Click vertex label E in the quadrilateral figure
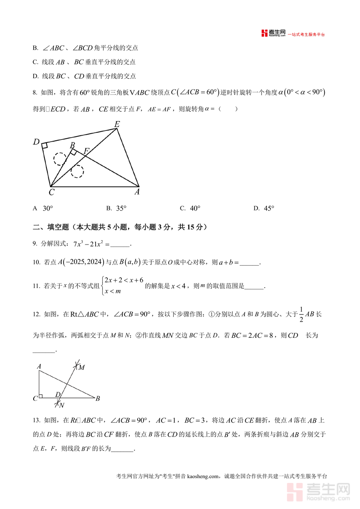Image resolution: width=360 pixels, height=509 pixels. coord(117,124)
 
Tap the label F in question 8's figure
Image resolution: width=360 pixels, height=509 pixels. coord(86,151)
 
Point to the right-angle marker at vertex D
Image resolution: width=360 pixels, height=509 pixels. coord(44,145)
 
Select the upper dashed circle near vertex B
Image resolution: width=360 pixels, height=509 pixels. coord(60,159)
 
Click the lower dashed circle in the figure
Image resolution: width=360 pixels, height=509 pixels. coord(77,171)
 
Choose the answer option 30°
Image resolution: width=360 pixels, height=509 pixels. coord(48,208)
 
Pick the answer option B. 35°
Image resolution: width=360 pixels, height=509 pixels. coord(116,208)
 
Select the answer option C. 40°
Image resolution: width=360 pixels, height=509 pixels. coord(190,208)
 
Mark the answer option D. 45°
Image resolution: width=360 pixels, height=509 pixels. coord(264,208)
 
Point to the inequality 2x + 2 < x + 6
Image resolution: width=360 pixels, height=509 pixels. coord(124,280)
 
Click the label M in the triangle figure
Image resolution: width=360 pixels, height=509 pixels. coord(82,367)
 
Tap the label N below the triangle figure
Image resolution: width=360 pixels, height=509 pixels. coord(61,405)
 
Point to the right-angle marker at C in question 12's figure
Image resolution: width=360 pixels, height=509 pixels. coord(41,397)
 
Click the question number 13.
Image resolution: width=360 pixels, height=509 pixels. coord(36,420)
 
